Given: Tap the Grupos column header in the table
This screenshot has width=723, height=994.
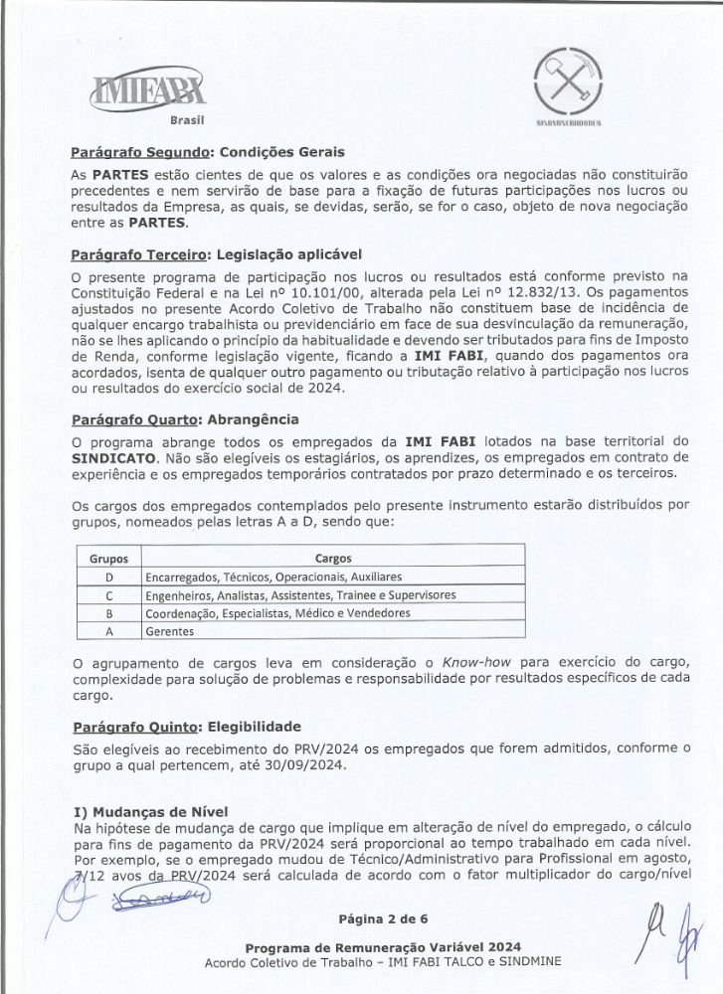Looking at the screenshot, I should tap(108, 559).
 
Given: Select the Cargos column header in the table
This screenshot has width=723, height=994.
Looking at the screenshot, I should tap(333, 559).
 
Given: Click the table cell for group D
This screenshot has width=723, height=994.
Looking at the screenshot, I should tap(108, 578).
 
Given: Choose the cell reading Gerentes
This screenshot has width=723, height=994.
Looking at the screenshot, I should tap(170, 631).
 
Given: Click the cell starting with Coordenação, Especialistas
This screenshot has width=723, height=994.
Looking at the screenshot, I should tap(277, 613).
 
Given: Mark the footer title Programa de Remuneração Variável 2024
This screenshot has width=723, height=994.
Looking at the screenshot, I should tap(383, 947).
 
